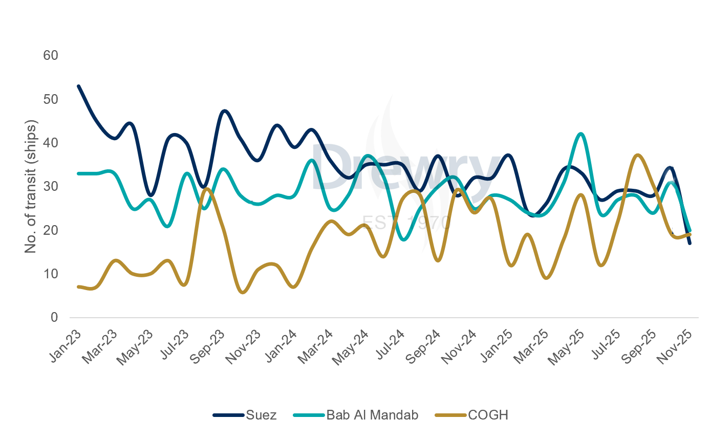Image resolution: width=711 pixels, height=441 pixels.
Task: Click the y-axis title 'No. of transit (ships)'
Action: click(x=31, y=186)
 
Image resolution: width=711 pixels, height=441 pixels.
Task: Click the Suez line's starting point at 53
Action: click(x=78, y=86)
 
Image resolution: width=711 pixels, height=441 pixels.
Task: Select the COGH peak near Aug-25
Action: click(x=637, y=155)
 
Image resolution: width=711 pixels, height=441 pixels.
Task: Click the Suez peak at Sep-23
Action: click(x=225, y=111)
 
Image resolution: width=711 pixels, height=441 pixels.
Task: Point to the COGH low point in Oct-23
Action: click(x=243, y=292)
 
